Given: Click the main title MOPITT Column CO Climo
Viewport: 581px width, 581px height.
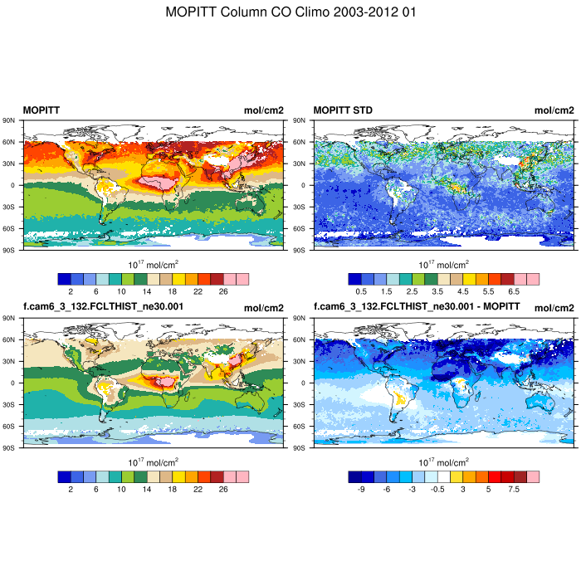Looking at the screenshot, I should (290, 12).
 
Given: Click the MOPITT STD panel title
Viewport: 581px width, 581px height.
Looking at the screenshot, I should (343, 110).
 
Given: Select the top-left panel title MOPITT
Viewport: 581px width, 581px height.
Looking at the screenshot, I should (41, 110).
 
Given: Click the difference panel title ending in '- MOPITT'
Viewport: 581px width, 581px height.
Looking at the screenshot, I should (417, 306).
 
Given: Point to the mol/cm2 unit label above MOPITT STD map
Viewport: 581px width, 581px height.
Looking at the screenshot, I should (554, 110).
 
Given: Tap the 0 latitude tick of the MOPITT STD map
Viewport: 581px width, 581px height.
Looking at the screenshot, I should (303, 185).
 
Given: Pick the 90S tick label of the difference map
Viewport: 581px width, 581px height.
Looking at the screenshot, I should (302, 447).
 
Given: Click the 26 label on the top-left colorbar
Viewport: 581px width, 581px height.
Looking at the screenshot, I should (223, 292).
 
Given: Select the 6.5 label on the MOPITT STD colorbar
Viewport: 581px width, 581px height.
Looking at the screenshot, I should (514, 292).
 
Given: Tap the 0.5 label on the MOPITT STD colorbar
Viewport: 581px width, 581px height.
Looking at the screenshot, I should (361, 292).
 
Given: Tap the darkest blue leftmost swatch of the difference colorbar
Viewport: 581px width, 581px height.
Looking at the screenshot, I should (354, 477).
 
